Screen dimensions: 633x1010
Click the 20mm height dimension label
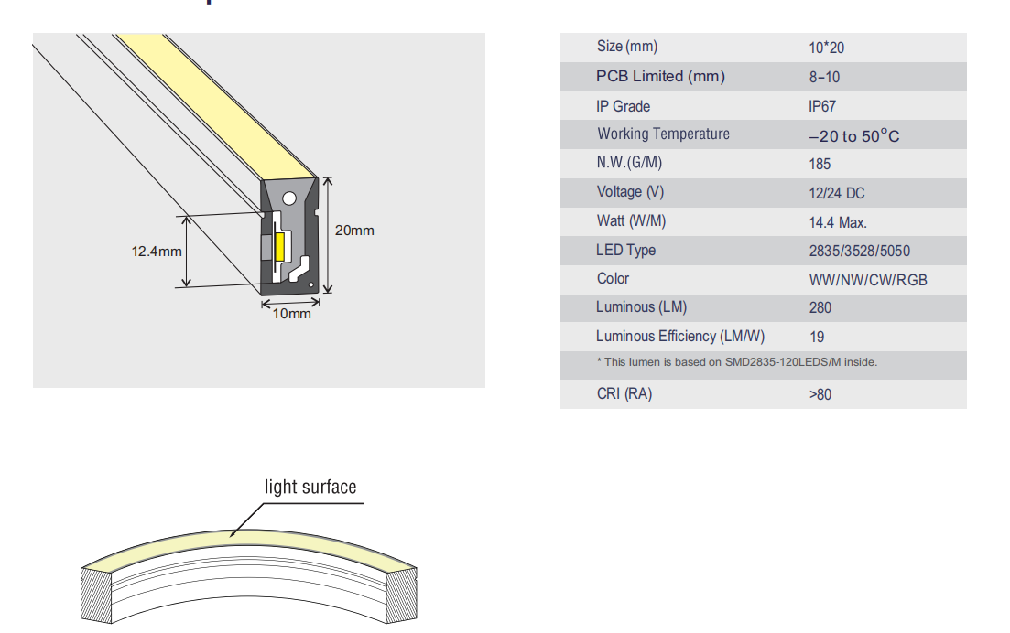(354, 231)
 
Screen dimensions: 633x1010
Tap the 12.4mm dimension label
(157, 251)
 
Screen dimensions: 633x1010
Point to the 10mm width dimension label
(292, 314)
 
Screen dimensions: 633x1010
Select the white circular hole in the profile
(288, 197)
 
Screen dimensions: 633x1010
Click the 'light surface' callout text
(310, 487)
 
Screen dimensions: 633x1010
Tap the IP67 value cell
(821, 106)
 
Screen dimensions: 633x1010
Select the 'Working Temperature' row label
(663, 134)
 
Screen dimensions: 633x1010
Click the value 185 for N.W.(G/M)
(820, 164)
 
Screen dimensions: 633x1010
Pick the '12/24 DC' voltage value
(836, 193)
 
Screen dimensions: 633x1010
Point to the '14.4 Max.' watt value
(837, 222)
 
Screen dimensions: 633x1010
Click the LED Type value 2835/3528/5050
(859, 251)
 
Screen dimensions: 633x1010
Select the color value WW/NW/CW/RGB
(867, 280)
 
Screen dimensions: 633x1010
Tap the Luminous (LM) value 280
(820, 307)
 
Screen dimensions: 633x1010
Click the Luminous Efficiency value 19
(817, 337)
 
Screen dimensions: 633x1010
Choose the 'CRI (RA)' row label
(624, 394)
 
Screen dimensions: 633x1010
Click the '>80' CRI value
(820, 394)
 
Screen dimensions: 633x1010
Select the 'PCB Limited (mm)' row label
(660, 77)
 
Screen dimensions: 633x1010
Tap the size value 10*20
(826, 48)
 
